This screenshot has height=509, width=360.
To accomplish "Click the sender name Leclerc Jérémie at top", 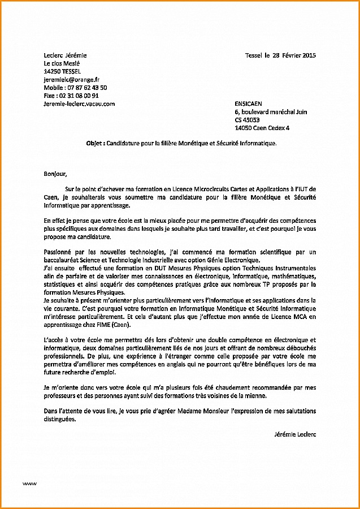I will pos(65,55).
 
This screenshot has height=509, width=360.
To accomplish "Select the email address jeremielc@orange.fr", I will pos(71,80).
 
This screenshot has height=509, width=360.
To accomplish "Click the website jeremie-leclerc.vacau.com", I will pos(79,103).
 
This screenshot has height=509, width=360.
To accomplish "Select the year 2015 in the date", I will pos(309,55).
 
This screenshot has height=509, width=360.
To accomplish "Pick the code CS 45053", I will pos(248,120).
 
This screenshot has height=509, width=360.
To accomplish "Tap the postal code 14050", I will pos(244,128).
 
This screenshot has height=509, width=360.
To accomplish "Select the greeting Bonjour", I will pos(55,174).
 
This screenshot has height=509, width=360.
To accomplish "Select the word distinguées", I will pos(59,419).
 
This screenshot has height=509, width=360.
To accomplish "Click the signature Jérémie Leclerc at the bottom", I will pos(294,434).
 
